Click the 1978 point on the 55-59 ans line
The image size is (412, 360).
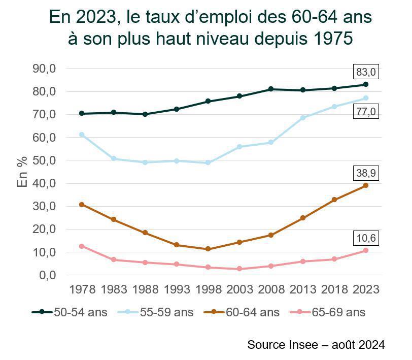pyautogui.click(x=82, y=135)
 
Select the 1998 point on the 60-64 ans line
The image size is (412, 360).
pyautogui.click(x=208, y=249)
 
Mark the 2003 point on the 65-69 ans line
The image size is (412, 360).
pyautogui.click(x=239, y=269)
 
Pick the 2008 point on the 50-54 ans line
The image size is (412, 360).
pyautogui.click(x=271, y=89)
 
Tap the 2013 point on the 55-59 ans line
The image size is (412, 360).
pyautogui.click(x=303, y=118)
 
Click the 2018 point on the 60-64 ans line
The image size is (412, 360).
pyautogui.click(x=334, y=200)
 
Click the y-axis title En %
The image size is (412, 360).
pyautogui.click(x=22, y=172)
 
